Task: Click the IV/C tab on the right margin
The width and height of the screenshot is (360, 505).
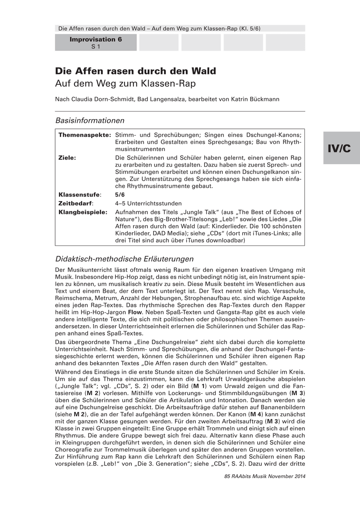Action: [x=341, y=148]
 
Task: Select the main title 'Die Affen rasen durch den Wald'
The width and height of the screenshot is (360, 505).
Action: [x=136, y=71]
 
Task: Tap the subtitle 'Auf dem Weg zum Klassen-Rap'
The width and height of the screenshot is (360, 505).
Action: [x=126, y=83]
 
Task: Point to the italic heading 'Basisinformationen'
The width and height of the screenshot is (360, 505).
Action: [x=90, y=120]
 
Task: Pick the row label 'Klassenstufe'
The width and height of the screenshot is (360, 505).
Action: [x=79, y=194]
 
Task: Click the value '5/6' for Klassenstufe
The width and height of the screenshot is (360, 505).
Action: [x=120, y=194]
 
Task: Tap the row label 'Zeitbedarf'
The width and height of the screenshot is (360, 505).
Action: [x=76, y=203]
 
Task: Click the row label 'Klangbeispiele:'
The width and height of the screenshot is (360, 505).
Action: [x=83, y=211]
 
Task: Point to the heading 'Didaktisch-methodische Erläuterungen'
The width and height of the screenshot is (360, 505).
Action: [x=124, y=258]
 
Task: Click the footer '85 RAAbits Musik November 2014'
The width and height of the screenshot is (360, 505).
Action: [x=265, y=476]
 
